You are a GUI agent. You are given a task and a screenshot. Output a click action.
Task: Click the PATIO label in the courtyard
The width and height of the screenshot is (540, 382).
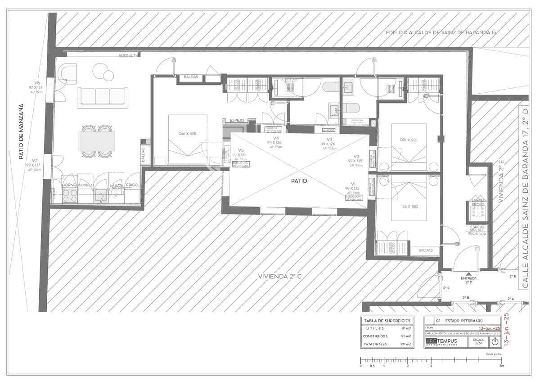pos(299,181)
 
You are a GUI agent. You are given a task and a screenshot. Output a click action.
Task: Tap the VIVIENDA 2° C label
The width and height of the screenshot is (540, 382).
pos(279,276)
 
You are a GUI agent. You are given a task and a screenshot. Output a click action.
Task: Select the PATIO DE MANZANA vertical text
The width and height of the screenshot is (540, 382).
pos(21,132)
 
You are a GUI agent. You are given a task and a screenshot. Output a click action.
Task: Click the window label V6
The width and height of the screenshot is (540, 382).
pos(37,83)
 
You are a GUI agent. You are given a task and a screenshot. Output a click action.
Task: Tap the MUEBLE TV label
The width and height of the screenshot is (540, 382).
pos(128,55)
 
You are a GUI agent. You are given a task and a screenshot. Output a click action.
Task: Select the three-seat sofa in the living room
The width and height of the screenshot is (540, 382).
pos(103,97)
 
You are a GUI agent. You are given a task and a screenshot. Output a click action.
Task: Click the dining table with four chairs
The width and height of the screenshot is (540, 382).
pos(97,141)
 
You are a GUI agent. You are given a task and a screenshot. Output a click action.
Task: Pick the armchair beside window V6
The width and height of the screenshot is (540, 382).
pos(67,74)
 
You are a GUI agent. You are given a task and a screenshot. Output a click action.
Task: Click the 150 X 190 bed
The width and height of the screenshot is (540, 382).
pos(188,139)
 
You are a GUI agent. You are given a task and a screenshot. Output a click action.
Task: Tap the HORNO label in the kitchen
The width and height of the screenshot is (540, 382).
pos(68,185)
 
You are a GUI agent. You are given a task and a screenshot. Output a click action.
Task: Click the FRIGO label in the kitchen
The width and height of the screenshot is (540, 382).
pos(132,185)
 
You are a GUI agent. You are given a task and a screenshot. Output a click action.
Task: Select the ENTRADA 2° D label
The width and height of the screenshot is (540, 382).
pos(468,281)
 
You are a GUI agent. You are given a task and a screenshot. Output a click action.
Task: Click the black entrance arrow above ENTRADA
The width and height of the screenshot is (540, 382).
pos(468,273)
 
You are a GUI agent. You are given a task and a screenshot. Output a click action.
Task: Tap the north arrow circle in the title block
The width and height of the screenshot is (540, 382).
pos(495,341)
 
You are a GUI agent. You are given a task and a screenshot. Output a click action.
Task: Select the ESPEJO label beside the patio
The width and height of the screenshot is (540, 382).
pos(237,120)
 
